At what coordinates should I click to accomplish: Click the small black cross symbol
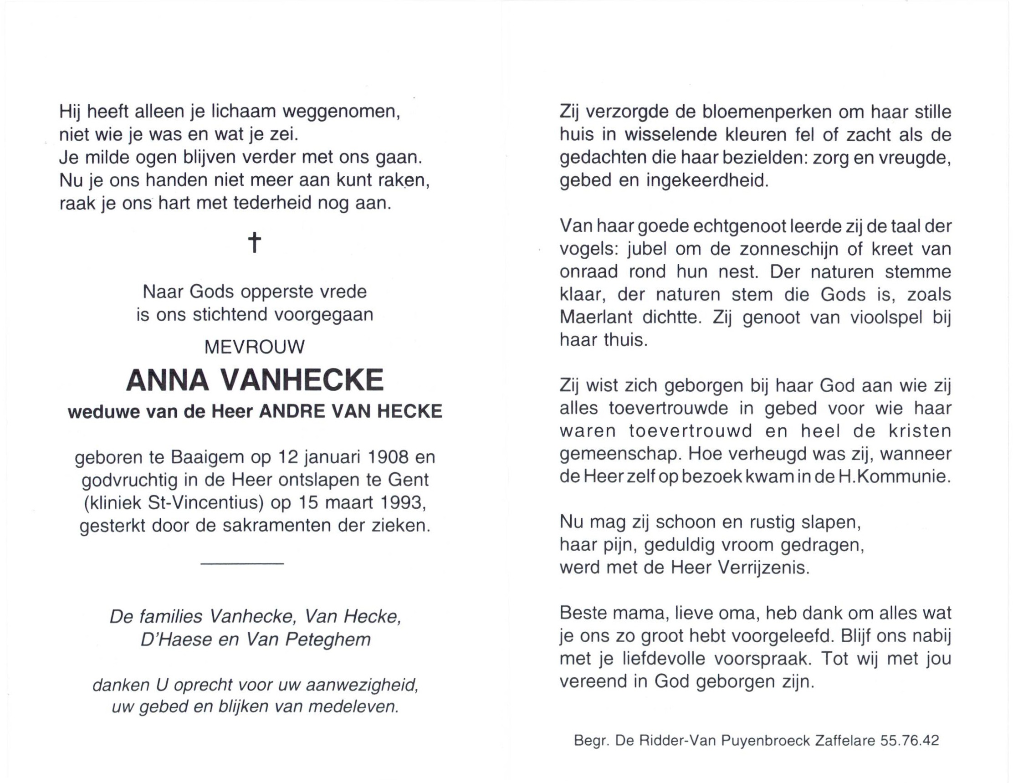(254, 242)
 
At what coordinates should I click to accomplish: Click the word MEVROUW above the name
(255, 347)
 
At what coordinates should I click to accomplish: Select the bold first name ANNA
(168, 380)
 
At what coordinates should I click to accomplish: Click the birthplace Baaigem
(207, 457)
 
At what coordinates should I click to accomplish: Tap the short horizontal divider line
(242, 563)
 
